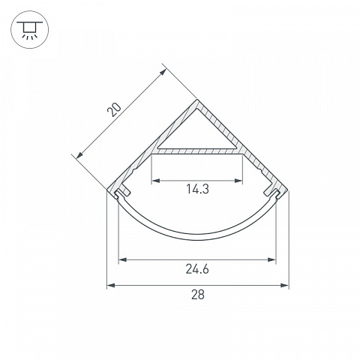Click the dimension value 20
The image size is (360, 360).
tap(114, 109)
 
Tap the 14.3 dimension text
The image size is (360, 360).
tap(197, 189)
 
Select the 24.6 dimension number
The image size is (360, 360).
tap(197, 269)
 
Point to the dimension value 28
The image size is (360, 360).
tap(198, 295)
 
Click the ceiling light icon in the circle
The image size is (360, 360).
tap(30, 29)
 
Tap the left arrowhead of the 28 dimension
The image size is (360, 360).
tap(111, 285)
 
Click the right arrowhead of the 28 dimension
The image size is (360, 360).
tap(285, 285)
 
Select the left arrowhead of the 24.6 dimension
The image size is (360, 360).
tap(122, 260)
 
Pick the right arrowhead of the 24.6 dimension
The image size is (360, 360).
tap(271, 260)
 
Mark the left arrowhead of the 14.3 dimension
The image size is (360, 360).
tap(155, 181)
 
